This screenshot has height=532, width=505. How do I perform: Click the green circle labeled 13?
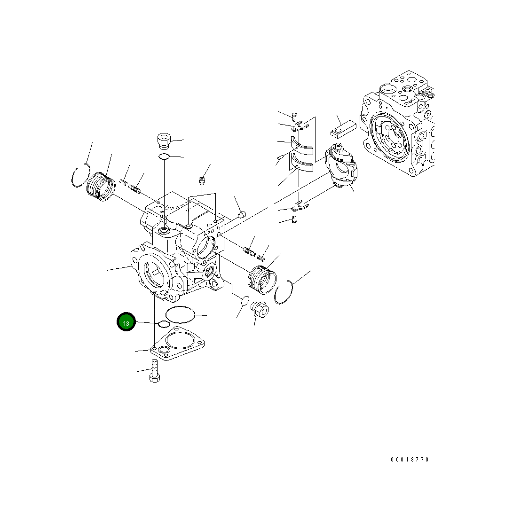click(x=126, y=322)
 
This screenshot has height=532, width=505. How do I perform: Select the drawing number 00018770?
click(x=409, y=460)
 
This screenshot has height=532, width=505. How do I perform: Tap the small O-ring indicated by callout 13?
click(x=164, y=324)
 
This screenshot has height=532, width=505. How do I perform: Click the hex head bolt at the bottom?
click(x=155, y=371)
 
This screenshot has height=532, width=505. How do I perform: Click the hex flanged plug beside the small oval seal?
click(x=260, y=309)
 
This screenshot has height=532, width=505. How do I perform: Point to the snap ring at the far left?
click(x=80, y=176)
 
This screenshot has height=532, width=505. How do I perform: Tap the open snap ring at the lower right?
click(x=285, y=292)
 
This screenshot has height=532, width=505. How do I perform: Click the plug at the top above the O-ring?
click(x=163, y=141)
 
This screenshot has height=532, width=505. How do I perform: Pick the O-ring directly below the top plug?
click(x=164, y=156)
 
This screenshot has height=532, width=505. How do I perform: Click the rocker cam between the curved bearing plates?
click(x=342, y=167)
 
